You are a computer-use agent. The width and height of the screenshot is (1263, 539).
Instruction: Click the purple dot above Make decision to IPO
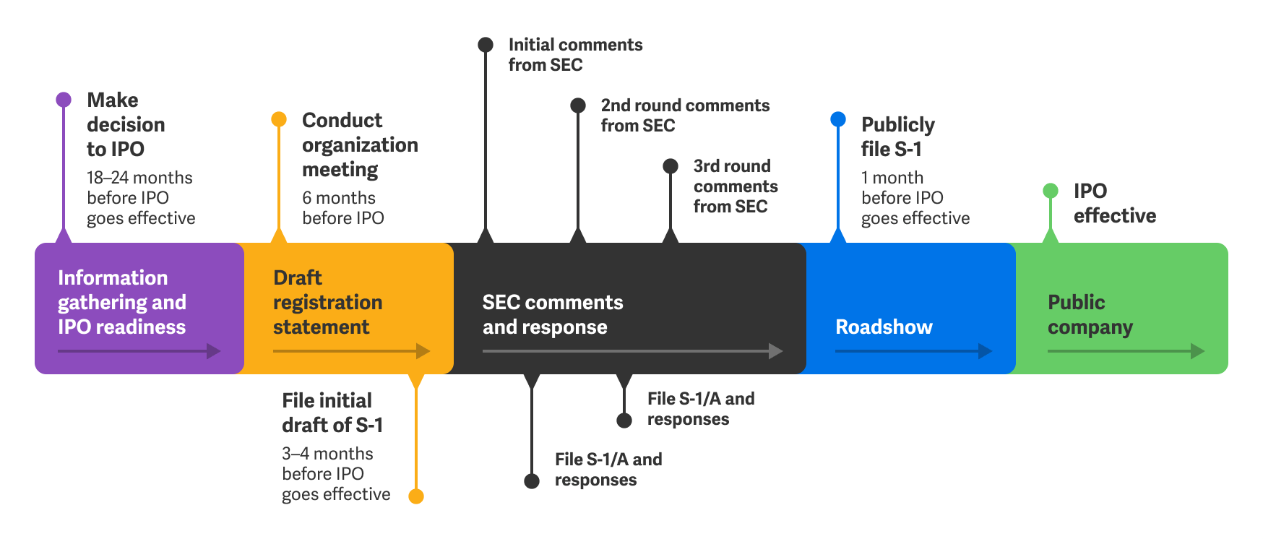point(64,100)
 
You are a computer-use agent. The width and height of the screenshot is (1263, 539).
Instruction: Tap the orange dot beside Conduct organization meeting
point(279,119)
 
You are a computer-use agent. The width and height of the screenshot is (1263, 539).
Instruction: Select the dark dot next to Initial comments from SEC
point(486,45)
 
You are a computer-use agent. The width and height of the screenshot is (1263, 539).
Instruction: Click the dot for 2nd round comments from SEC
point(578,105)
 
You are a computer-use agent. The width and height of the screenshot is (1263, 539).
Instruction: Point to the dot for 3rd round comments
point(671,166)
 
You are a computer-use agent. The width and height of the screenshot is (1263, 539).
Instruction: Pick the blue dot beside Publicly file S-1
point(838,119)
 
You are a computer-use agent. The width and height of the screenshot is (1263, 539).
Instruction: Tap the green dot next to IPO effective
point(1051,191)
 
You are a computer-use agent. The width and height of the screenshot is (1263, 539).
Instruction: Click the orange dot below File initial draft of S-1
point(416,496)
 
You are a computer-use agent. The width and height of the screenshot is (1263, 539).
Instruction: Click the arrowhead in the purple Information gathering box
point(214,351)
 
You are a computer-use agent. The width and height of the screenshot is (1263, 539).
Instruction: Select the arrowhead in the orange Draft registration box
point(423,351)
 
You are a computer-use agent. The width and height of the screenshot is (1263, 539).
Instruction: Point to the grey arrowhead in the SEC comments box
point(776,351)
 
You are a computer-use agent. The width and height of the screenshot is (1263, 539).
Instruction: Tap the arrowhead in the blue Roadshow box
point(985,351)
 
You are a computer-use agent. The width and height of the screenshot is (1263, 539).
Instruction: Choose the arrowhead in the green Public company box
point(1197,351)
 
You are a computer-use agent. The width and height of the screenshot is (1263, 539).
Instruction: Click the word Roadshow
point(884,327)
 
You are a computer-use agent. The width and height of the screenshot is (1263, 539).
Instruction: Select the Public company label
point(1090,314)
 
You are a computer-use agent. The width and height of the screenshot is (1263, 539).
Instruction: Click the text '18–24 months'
point(139,178)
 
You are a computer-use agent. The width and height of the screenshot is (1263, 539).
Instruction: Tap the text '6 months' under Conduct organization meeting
point(338,198)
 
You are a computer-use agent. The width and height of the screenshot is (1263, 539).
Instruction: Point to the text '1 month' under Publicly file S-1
point(892,178)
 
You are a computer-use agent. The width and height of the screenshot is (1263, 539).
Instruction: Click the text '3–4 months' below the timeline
point(327,454)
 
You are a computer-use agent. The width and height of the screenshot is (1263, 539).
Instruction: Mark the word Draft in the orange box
point(297,277)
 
